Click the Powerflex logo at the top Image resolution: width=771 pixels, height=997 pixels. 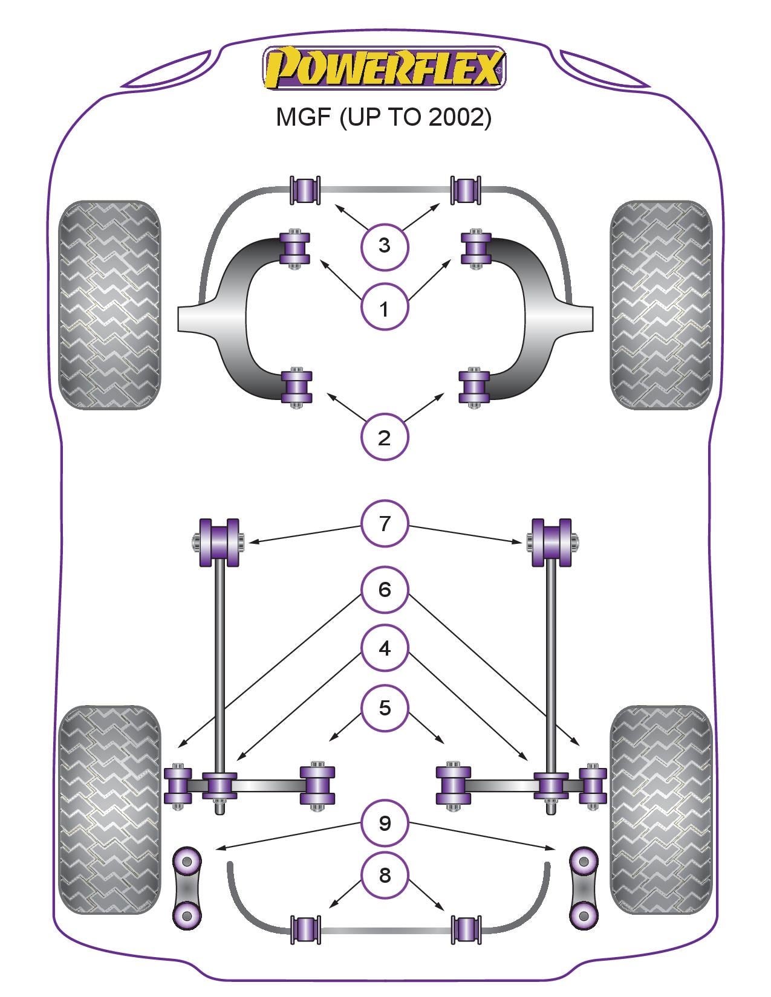point(383,67)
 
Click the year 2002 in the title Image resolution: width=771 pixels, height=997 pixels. point(459,117)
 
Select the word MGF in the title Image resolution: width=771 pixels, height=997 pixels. point(304,117)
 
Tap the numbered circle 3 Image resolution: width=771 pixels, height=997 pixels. point(384,246)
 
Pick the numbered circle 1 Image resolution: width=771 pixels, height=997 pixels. point(384,308)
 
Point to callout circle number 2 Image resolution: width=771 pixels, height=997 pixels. point(384,437)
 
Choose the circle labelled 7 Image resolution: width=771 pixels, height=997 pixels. point(385,523)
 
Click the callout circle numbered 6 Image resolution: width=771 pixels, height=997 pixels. point(385,589)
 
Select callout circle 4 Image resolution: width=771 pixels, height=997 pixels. point(385,648)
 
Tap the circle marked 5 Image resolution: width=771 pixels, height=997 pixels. point(385,708)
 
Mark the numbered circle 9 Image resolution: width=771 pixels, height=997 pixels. point(385,823)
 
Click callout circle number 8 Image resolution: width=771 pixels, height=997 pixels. point(385,875)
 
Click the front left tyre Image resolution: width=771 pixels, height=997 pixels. point(109,305)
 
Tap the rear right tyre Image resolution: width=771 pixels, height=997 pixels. point(661,810)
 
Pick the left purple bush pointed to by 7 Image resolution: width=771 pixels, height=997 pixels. point(219,542)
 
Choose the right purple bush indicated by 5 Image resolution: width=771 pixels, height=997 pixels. point(454,786)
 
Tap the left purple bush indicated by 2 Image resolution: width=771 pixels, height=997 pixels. point(296,387)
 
